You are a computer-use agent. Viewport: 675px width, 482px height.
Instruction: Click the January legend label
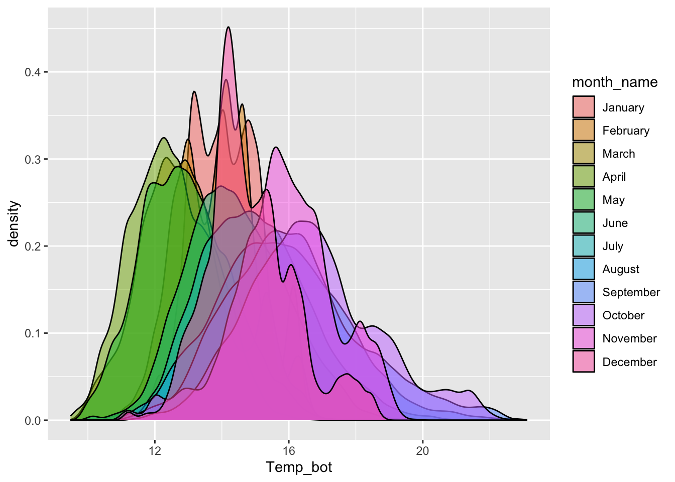[623, 107]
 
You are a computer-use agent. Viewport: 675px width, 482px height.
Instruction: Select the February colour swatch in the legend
[584, 130]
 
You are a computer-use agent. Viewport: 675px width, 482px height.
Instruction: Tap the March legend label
[618, 154]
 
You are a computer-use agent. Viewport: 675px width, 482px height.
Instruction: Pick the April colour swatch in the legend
[584, 176]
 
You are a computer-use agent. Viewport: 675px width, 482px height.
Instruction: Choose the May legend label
[613, 200]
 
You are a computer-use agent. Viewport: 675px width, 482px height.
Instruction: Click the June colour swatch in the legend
[584, 222]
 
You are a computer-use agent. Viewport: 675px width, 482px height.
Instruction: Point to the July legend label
[613, 246]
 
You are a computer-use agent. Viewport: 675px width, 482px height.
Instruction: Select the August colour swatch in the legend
[584, 269]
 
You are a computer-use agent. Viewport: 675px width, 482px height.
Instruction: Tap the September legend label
[631, 292]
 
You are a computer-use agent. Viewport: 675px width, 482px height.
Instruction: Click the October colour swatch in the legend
[584, 315]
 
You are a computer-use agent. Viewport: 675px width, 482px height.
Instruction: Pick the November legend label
[629, 338]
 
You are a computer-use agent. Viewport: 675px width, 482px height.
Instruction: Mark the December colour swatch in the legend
[584, 361]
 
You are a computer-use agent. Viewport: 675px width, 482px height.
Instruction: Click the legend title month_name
[615, 82]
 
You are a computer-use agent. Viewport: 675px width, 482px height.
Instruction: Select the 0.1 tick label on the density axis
[33, 333]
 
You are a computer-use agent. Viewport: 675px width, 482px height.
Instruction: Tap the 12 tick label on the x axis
[155, 450]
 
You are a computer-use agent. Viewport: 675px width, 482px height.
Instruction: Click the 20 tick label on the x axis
[422, 450]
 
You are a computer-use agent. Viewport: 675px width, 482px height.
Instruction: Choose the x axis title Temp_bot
[299, 467]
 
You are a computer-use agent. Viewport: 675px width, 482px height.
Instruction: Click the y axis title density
[14, 224]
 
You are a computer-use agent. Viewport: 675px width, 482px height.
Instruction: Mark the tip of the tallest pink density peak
[229, 27]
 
